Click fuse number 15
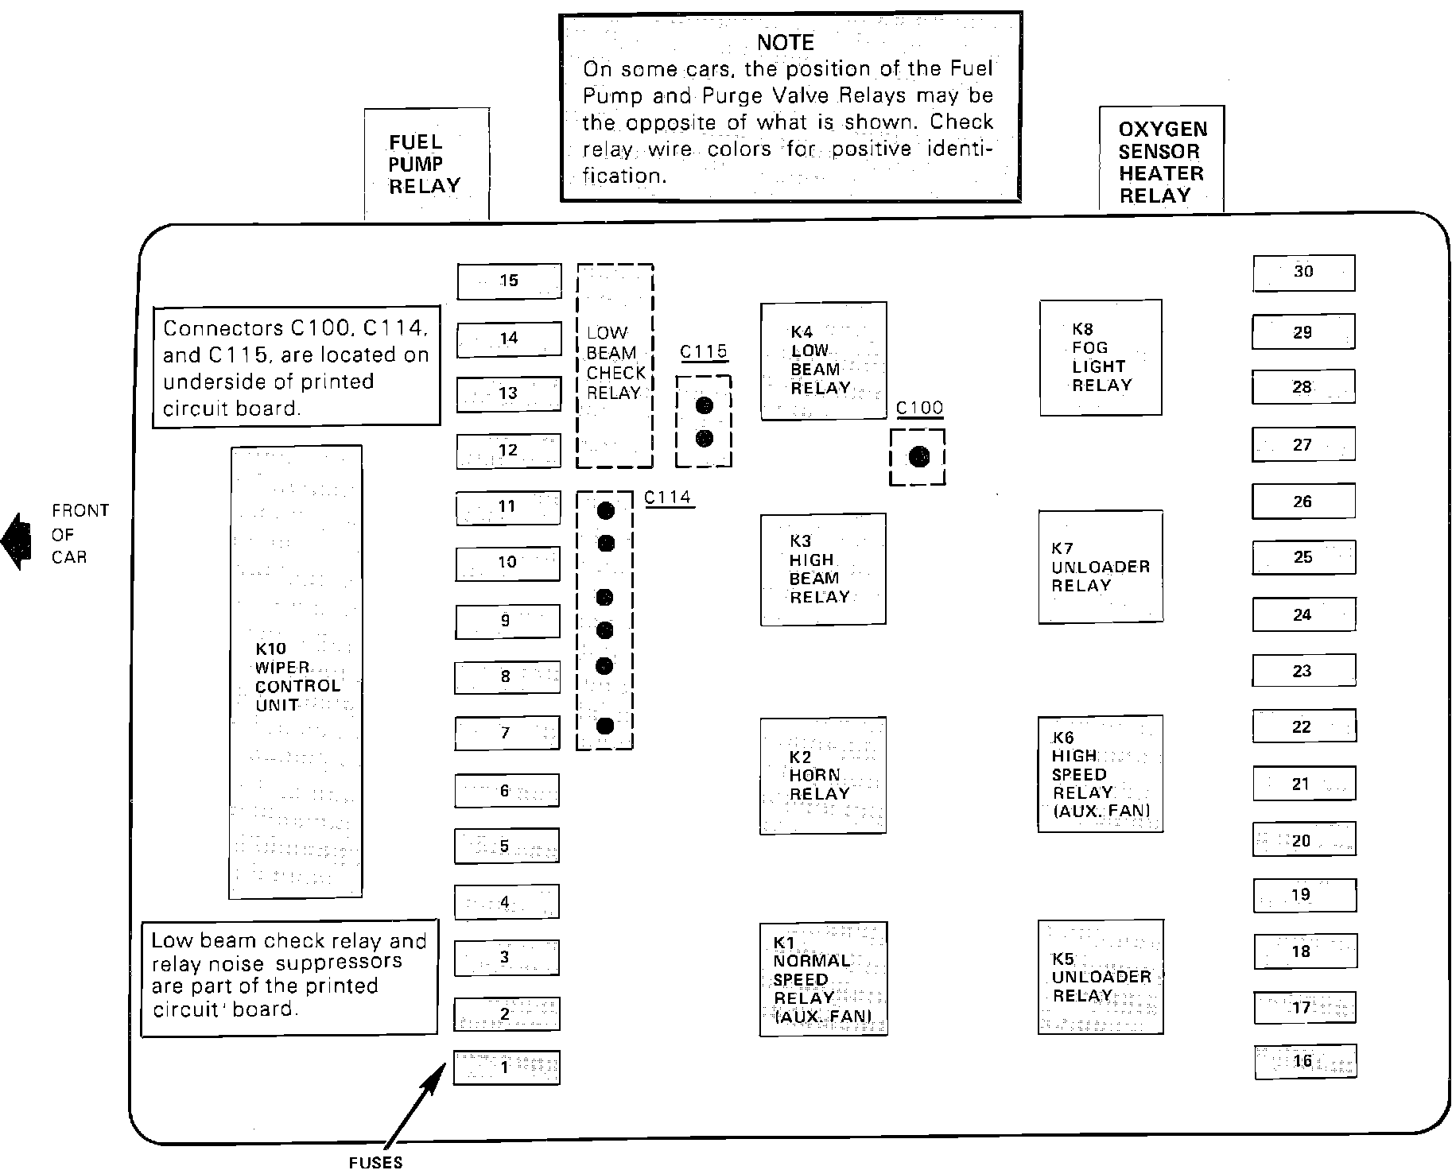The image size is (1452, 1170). click(x=509, y=281)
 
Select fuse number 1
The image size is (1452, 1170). click(x=507, y=1067)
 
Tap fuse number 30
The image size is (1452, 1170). click(x=1303, y=273)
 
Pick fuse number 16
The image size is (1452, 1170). click(x=1305, y=1062)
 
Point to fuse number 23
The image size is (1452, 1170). click(x=1303, y=672)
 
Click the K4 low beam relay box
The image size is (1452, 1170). click(x=823, y=361)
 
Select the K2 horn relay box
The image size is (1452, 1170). click(x=822, y=776)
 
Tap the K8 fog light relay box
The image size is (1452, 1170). click(x=1101, y=358)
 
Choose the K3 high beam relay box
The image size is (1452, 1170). click(x=822, y=569)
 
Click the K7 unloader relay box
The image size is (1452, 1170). click(x=1100, y=567)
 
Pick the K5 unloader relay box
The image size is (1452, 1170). click(x=1100, y=977)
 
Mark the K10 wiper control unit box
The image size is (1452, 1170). click(x=296, y=672)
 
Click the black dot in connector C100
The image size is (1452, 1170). click(x=918, y=457)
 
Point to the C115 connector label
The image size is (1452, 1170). click(x=704, y=351)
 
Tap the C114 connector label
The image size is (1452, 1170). click(x=668, y=498)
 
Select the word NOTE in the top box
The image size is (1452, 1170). click(x=785, y=43)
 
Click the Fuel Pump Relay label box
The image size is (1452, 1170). click(x=425, y=165)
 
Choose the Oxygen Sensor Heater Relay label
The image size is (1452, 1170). click(x=1161, y=162)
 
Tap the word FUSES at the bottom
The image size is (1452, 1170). click(x=375, y=1162)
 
